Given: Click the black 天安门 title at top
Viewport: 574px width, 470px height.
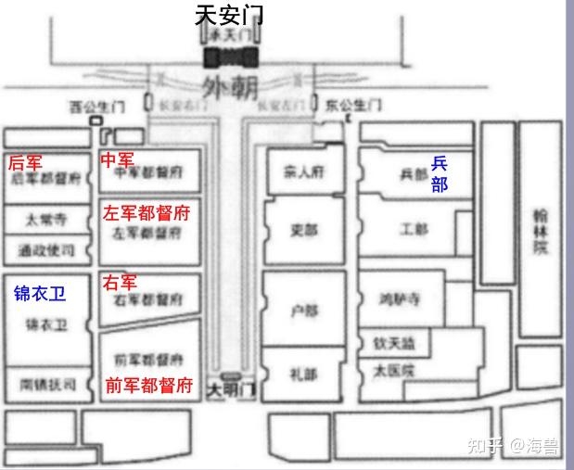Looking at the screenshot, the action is (229, 15).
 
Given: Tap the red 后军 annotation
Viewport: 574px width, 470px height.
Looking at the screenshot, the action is (25, 162).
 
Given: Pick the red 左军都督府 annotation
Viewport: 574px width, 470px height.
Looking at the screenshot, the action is (147, 213).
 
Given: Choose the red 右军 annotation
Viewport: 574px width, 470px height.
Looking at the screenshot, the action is (119, 281).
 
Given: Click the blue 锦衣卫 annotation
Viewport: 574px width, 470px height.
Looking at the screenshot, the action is (41, 294).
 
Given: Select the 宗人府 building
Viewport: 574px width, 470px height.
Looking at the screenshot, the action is (301, 171).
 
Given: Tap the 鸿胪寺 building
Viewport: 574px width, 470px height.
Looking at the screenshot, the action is (401, 299).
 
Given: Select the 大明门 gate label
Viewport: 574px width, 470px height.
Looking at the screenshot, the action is (228, 387).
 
